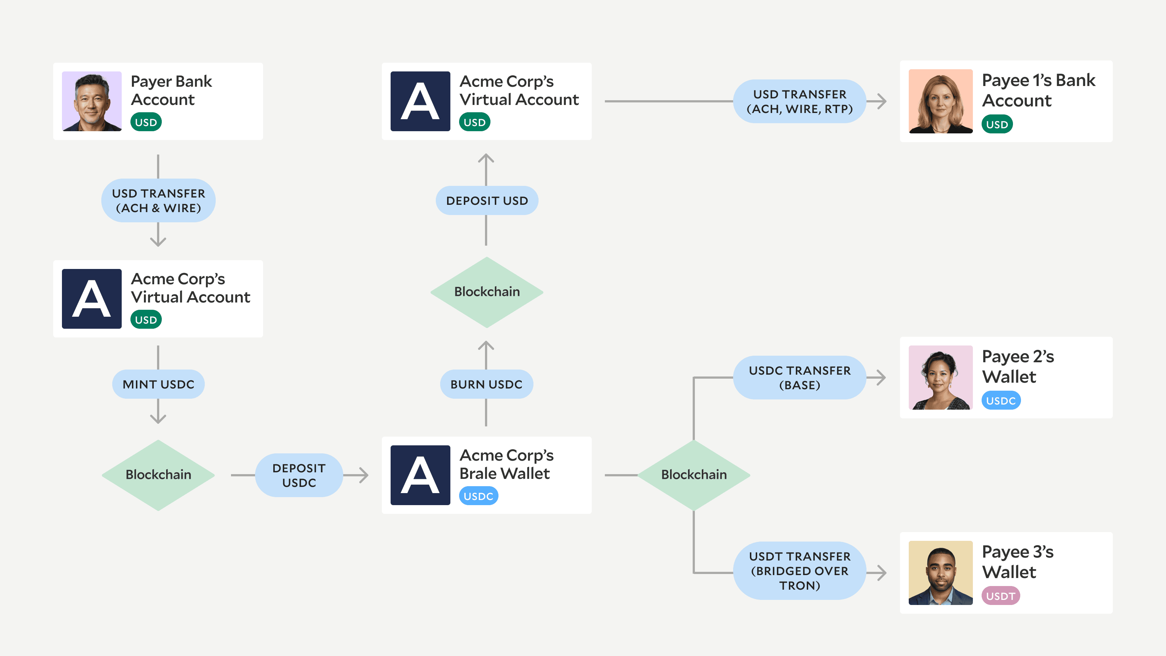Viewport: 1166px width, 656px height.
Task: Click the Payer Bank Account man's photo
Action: pyautogui.click(x=91, y=101)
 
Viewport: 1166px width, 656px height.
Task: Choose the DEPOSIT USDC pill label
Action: pyautogui.click(x=299, y=475)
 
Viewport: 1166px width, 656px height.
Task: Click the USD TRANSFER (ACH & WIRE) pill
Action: pyautogui.click(x=159, y=200)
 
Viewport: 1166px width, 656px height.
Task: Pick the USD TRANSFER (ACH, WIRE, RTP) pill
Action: pyautogui.click(x=799, y=101)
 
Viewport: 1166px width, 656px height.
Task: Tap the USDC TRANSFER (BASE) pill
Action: pyautogui.click(x=799, y=378)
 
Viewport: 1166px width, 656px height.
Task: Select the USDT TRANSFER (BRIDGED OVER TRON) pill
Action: pyautogui.click(x=799, y=571)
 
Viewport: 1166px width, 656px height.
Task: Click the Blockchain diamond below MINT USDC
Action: pyautogui.click(x=159, y=475)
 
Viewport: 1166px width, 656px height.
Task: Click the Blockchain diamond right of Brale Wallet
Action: pyautogui.click(x=694, y=475)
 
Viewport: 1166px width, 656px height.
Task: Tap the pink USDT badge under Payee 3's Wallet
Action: pyautogui.click(x=1000, y=596)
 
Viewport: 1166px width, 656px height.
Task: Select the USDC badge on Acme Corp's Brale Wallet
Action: pyautogui.click(x=478, y=496)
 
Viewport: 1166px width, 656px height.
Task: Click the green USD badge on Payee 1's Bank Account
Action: pyautogui.click(x=997, y=124)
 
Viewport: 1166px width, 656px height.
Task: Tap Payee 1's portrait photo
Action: pyautogui.click(x=940, y=101)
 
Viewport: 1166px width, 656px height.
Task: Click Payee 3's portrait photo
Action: pyautogui.click(x=940, y=573)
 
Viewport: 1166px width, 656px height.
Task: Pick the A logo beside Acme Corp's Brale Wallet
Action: pyautogui.click(x=420, y=475)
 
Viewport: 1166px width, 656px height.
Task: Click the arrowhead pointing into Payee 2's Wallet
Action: pyautogui.click(x=881, y=378)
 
